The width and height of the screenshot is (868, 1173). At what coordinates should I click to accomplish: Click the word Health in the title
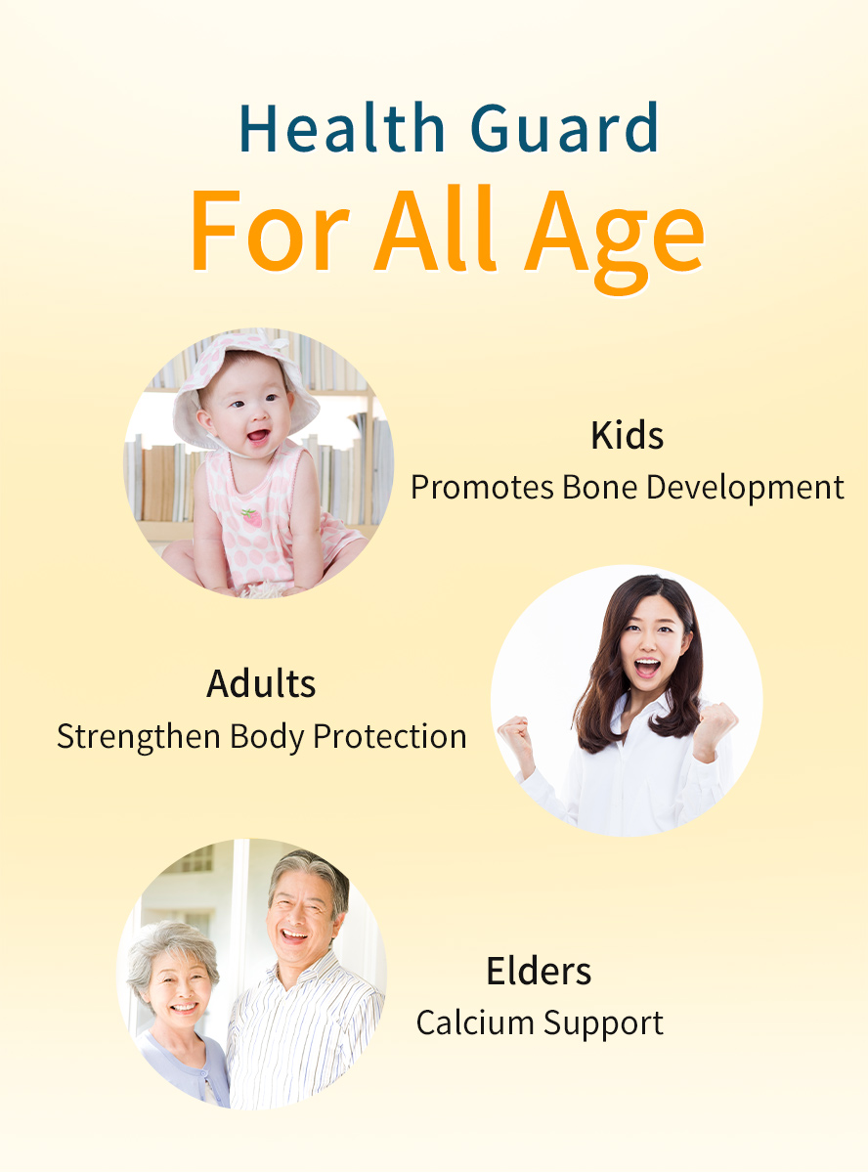342,127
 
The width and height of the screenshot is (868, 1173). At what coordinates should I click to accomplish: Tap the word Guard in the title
564,127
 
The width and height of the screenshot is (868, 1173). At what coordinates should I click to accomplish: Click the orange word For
270,230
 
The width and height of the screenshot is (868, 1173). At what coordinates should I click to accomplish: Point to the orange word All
435,229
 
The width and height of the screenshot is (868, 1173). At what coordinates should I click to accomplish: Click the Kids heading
627,435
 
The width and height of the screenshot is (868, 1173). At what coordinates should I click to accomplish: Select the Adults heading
261,683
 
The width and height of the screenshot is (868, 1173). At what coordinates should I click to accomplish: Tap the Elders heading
539,971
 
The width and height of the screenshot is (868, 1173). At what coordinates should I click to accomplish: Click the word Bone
599,487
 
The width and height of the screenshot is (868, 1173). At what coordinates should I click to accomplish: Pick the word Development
745,488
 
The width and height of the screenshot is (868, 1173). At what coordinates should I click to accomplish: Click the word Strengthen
139,737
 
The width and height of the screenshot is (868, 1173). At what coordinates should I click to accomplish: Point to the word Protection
390,736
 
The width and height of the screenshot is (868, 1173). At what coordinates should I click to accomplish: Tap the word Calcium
474,1022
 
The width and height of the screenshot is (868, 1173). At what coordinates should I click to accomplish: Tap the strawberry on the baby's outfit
252,518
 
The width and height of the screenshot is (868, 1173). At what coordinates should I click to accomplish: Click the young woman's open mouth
647,668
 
